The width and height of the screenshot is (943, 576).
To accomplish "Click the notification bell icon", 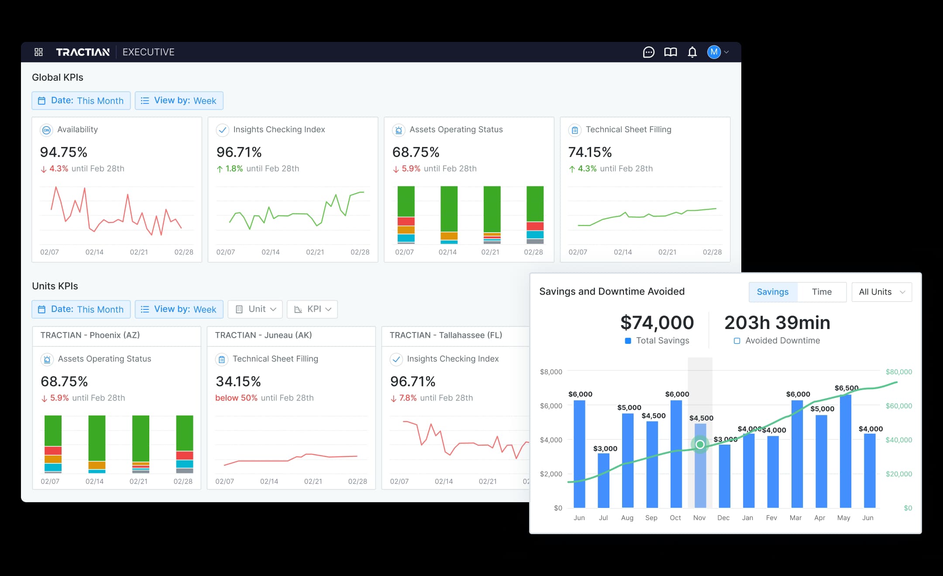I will pos(692,52).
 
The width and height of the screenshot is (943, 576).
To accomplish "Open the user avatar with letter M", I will pos(714,52).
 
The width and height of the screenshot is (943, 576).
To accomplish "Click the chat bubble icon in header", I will pos(649,52).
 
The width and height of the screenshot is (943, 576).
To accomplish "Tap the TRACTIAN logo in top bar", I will pos(83,52).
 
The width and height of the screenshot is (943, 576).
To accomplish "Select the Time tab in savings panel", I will pos(821,292).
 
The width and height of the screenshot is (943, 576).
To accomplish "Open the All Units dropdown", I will pos(881,292).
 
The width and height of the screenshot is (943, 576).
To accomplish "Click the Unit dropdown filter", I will pos(255,309).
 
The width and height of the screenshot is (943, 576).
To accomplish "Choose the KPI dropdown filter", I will pos(313,309).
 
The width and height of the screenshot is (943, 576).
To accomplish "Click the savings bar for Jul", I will pos(603,480).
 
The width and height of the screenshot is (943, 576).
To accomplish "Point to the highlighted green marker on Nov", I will pos(700,444).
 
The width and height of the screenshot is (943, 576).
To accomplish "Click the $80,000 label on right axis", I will pos(898,372).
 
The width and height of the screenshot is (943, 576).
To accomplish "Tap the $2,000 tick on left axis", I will pos(551,474).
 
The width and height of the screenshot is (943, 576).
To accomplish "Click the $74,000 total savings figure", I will pos(657,323).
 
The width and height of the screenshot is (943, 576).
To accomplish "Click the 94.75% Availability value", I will pos(64,152).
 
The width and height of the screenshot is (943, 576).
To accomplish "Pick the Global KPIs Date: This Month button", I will pos(81,101).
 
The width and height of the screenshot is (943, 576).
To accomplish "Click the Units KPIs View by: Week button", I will pos(179,309).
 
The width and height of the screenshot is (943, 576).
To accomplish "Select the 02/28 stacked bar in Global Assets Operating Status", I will pos(535,215).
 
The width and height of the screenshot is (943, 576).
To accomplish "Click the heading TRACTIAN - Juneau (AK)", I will pos(263,335).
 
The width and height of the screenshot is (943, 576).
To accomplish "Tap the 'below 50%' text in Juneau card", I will pos(236,398).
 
